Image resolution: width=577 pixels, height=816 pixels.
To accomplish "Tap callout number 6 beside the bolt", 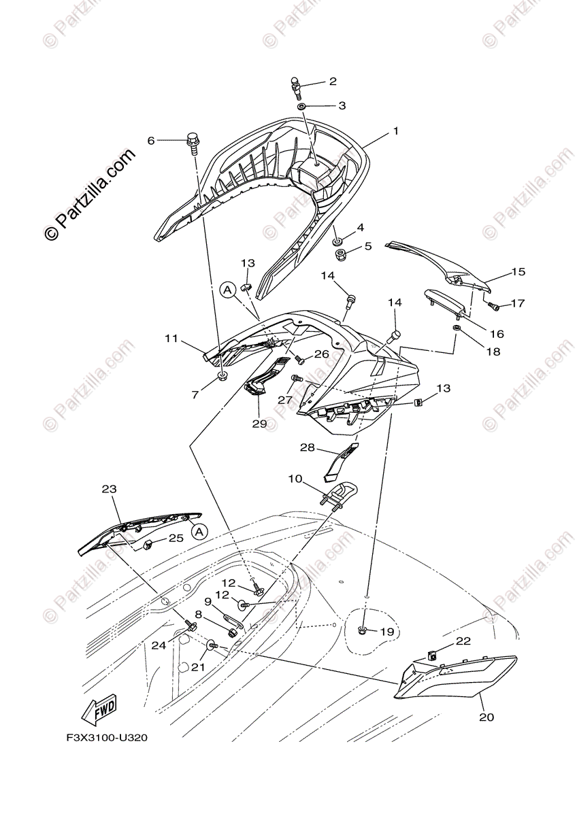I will [x=151, y=140].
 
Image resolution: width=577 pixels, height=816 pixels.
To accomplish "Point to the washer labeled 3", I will [x=301, y=106].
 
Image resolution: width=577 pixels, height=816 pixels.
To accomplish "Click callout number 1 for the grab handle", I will [x=395, y=131].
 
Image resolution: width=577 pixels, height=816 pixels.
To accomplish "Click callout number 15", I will [x=518, y=271].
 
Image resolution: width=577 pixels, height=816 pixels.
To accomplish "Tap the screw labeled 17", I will [x=494, y=307].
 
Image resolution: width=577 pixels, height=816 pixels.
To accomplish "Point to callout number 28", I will [x=308, y=447].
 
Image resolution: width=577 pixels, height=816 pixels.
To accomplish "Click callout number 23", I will [x=109, y=489].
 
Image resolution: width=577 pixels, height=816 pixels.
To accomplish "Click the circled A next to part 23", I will [x=198, y=532].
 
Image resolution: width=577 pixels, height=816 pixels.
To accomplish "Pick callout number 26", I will [x=321, y=354].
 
